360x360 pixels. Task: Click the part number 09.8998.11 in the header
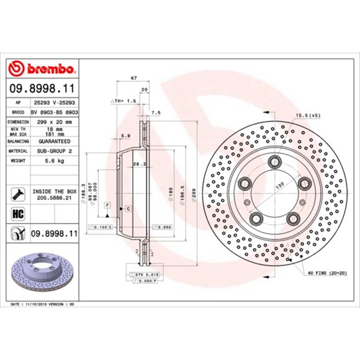(42, 89)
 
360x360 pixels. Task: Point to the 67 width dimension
(133, 78)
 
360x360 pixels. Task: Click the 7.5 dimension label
(156, 112)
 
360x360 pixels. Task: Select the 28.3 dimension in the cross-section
(139, 164)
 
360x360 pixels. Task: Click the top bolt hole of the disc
(273, 163)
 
